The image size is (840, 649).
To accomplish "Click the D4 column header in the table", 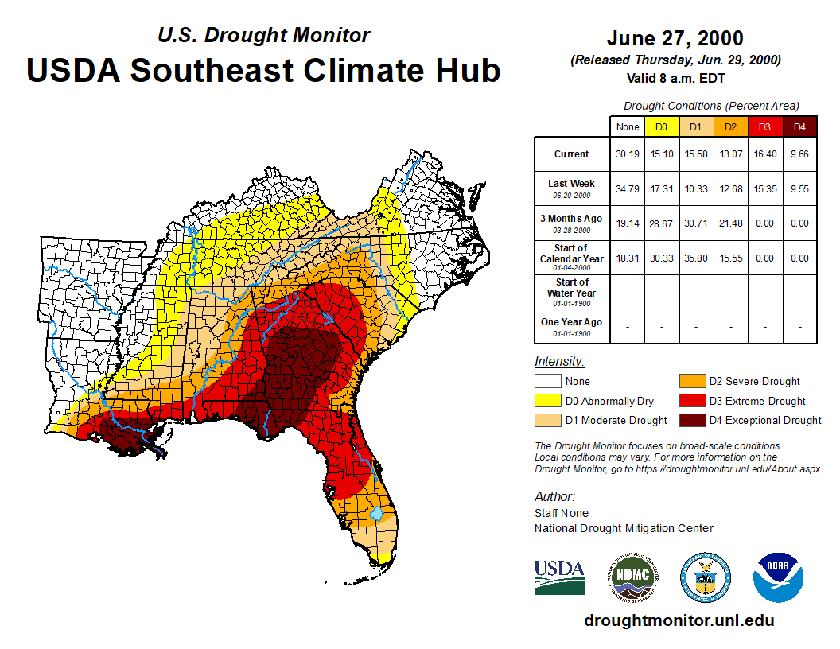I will pyautogui.click(x=799, y=126).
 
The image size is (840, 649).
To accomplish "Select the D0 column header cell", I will pyautogui.click(x=661, y=126).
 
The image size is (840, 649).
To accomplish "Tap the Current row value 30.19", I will pyautogui.click(x=627, y=154).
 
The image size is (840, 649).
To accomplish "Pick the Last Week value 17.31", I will pyautogui.click(x=661, y=188).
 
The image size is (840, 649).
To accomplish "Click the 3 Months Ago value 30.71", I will pyautogui.click(x=696, y=223).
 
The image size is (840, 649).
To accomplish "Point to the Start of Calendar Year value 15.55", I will pyautogui.click(x=730, y=258).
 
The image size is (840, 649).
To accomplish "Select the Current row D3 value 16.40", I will pyautogui.click(x=765, y=154).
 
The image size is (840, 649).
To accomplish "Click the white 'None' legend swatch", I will pyautogui.click(x=546, y=382).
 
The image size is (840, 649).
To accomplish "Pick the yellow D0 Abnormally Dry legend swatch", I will pyautogui.click(x=546, y=401).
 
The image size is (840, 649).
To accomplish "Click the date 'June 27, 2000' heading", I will pyautogui.click(x=675, y=38).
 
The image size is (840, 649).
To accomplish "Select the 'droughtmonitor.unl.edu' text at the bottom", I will pyautogui.click(x=679, y=620).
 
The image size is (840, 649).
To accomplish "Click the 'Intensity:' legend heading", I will pyautogui.click(x=559, y=362).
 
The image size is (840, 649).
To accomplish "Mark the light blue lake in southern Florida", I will pyautogui.click(x=377, y=515).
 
